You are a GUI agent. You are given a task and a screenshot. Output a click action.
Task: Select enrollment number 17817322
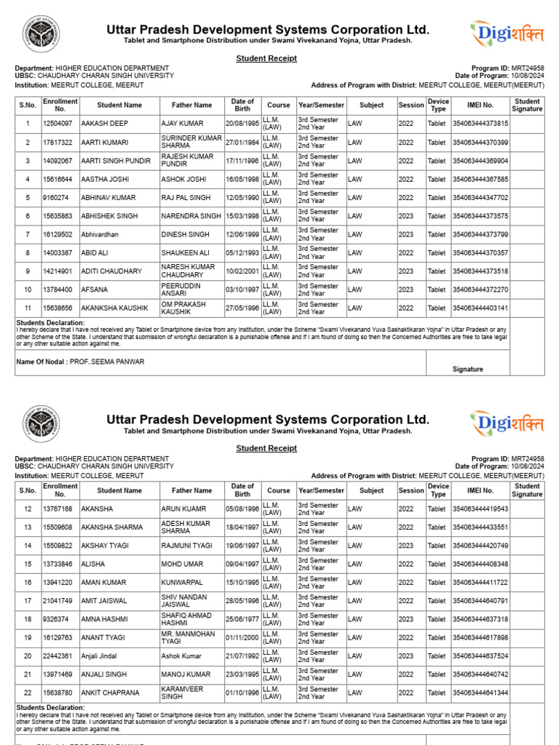pos(58,143)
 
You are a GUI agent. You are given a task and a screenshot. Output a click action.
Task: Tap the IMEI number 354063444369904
pos(480,161)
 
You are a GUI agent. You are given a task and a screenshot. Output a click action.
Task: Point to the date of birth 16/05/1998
pos(242,179)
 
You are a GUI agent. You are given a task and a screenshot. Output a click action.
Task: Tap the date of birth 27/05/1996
pos(242,308)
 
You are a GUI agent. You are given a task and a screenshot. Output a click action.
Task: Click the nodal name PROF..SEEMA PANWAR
pos(106,362)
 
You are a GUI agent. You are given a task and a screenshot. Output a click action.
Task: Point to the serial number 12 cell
pos(28,509)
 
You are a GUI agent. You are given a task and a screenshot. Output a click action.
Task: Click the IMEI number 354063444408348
pos(480,564)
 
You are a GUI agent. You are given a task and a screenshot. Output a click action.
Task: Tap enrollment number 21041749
pos(58,601)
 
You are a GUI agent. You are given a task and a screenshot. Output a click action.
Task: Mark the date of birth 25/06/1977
pos(242,619)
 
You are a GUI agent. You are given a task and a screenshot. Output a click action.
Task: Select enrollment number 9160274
pos(56,198)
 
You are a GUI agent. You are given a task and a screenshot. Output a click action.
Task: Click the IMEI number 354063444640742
pos(480,674)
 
